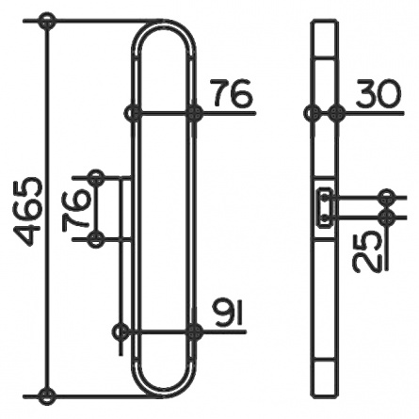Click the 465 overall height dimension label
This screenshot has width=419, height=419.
27,211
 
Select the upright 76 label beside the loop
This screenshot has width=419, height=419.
232,92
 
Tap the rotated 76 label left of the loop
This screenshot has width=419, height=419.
75,210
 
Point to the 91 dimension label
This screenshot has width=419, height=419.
228,313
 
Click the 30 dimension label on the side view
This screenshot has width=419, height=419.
379,92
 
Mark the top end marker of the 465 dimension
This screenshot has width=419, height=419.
47,22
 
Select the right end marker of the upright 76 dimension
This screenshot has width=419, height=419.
194,113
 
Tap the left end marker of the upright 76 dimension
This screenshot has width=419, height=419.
133,113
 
